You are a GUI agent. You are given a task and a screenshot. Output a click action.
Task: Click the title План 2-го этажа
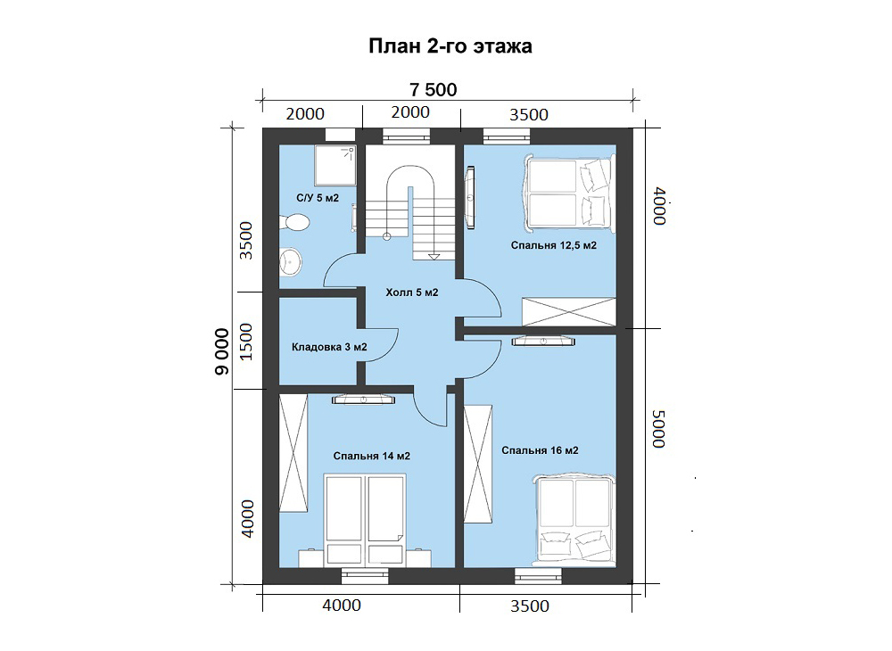(450, 46)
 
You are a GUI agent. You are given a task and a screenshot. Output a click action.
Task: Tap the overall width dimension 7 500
(434, 90)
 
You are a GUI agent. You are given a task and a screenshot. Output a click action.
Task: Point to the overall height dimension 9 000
(222, 351)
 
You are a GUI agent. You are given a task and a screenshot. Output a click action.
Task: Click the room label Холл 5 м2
(412, 293)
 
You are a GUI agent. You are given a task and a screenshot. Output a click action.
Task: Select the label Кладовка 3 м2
(329, 347)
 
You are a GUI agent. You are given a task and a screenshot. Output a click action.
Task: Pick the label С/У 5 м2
(318, 198)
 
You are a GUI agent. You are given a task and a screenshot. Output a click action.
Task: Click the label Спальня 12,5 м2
(554, 245)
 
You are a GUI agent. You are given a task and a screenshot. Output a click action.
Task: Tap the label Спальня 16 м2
(540, 450)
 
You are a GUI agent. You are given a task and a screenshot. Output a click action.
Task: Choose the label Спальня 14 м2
(371, 456)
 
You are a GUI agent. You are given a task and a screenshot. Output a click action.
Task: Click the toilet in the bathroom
(294, 222)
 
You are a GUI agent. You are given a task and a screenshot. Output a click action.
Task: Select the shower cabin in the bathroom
(335, 165)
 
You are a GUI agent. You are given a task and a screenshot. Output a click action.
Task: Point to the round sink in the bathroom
(291, 262)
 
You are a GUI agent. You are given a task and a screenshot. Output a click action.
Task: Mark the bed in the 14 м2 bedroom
(365, 519)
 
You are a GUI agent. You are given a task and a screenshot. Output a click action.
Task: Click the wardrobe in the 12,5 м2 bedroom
(569, 311)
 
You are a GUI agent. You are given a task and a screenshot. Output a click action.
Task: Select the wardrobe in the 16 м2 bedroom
(478, 464)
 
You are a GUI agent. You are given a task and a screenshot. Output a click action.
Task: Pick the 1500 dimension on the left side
(246, 342)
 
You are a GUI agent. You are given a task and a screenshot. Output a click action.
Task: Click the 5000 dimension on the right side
(659, 429)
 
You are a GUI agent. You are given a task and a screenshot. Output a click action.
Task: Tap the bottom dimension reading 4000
(342, 605)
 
